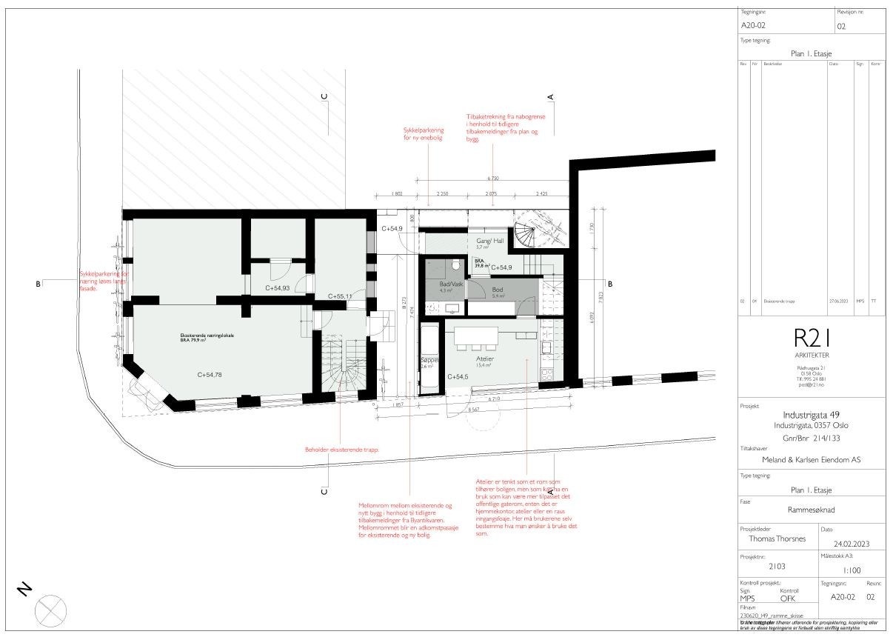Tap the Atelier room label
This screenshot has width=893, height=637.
(x=484, y=359)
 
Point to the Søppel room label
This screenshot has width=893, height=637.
(x=429, y=360)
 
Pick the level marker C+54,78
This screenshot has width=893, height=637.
(x=210, y=375)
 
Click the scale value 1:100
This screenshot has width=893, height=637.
(x=852, y=571)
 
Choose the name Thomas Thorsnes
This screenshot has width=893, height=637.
(x=776, y=539)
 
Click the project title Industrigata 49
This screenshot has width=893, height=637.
(x=812, y=415)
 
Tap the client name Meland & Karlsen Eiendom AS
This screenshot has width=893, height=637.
(x=812, y=459)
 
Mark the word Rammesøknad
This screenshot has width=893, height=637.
(x=812, y=509)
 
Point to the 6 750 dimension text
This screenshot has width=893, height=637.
(x=493, y=179)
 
